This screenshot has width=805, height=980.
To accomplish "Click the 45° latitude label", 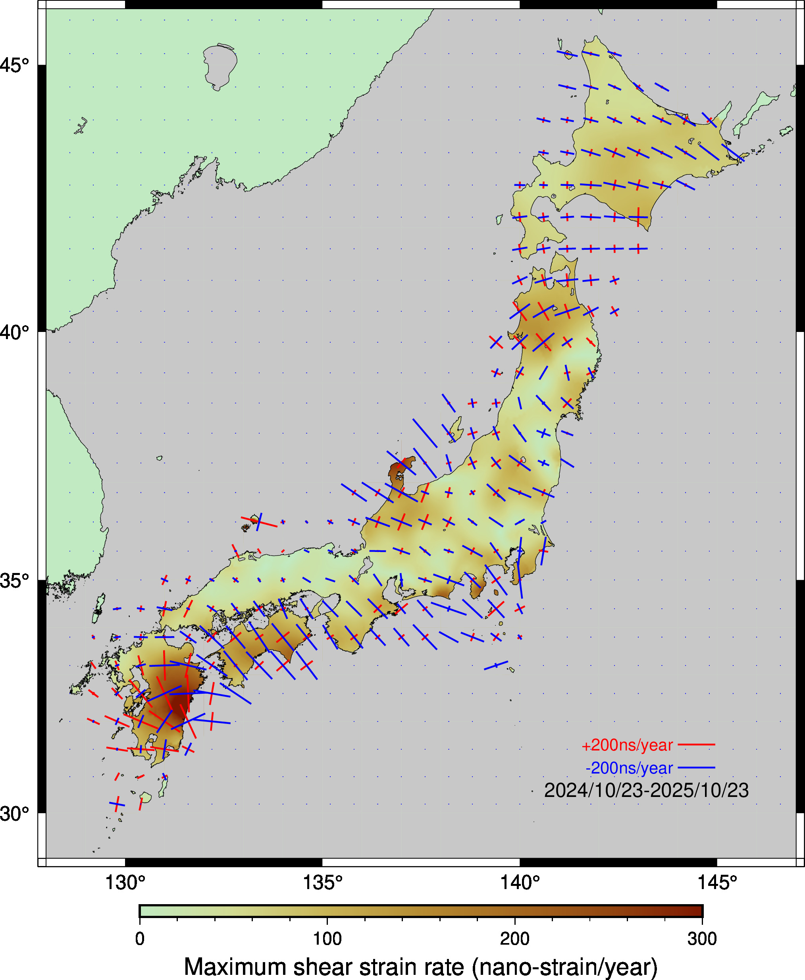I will [x=14, y=66].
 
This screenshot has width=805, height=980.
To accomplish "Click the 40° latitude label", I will [x=14, y=332].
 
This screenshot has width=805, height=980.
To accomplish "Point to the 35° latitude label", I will [x=14, y=580].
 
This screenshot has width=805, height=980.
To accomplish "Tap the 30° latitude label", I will [x=14, y=814].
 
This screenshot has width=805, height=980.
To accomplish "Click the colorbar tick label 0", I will [x=140, y=939].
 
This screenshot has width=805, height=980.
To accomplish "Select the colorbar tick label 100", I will [x=327, y=939].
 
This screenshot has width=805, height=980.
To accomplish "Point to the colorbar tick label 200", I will [x=515, y=939].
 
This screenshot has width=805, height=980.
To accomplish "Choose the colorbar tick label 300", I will [x=702, y=939].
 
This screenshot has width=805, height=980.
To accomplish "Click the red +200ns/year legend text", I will [x=627, y=745].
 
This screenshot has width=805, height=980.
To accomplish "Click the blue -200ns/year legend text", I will [x=629, y=768].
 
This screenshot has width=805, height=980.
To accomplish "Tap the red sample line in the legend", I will [x=697, y=745].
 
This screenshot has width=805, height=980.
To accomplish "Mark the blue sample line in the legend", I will [x=697, y=768].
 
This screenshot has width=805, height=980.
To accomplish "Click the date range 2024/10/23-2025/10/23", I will [x=646, y=790].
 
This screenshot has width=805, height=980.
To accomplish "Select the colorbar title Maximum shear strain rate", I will [x=421, y=966].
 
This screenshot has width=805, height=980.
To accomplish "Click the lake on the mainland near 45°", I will [x=220, y=65].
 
